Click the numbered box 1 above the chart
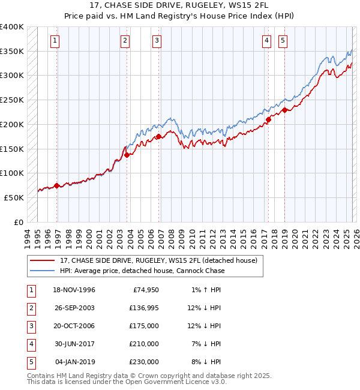point(55,41)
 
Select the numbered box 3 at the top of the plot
point(157,41)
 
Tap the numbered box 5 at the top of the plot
point(282,41)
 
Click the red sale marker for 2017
point(268,119)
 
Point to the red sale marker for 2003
point(127,155)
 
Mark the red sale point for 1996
point(57,185)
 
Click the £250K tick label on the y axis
point(12,100)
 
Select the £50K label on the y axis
point(14,197)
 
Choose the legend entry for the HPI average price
point(142,271)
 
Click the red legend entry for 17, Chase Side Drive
point(158,260)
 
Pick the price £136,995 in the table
point(142,308)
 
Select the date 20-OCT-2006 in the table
point(74,326)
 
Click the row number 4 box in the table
point(30,344)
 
